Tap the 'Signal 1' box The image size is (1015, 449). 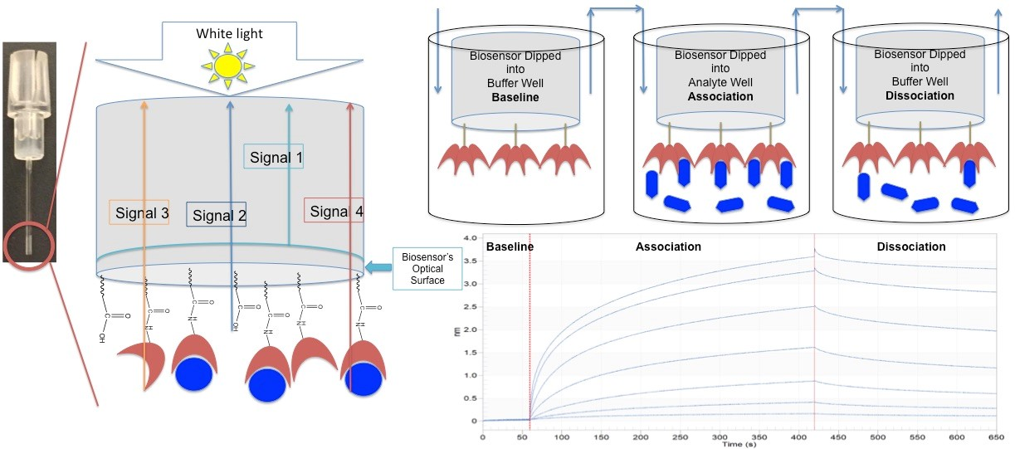coord(275,156)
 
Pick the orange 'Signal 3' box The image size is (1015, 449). coord(139,212)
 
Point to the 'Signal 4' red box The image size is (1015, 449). coord(334,212)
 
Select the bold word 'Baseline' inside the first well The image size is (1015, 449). coord(515,97)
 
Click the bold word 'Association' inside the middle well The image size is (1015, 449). coord(720,96)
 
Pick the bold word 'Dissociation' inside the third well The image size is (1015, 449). coord(918,95)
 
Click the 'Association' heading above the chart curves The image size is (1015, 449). coord(668,246)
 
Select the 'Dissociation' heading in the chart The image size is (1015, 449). coord(910,246)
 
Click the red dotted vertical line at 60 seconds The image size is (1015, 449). coord(529,332)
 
